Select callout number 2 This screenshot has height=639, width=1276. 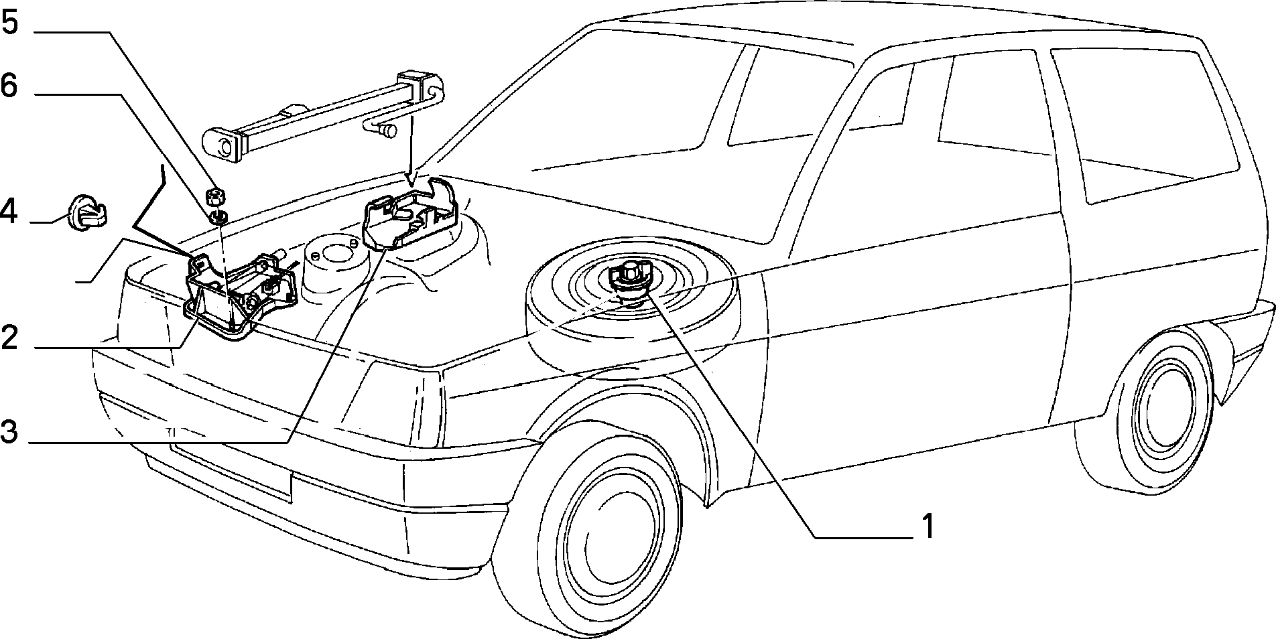pos(10,338)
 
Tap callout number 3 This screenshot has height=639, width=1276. pos(9,431)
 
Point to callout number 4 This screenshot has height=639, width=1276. pos(9,212)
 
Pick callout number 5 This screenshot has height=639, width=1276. pos(9,25)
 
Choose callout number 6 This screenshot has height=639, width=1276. pos(9,87)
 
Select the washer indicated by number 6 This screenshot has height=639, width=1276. pos(218,216)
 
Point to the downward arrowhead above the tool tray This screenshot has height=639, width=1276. pos(411,179)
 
